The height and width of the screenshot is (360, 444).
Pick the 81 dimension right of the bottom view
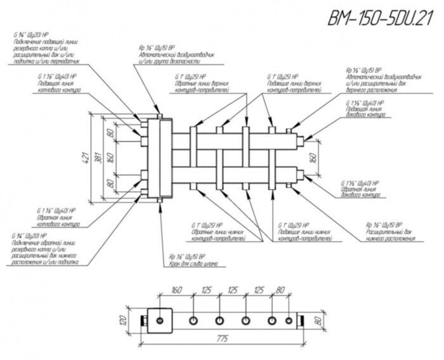click(x=310, y=319)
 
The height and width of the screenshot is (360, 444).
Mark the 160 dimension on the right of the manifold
click(x=311, y=157)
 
